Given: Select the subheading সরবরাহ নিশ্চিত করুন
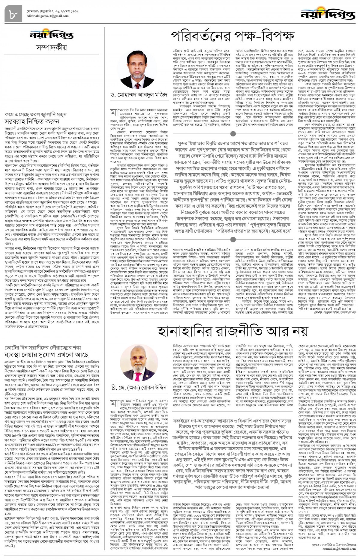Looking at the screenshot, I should pyautogui.click(x=31, y=121).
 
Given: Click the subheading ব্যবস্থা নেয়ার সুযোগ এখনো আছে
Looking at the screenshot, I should pyautogui.click(x=47, y=355).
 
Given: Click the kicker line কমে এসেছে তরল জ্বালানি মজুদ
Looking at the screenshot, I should pyautogui.click(x=36, y=115).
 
